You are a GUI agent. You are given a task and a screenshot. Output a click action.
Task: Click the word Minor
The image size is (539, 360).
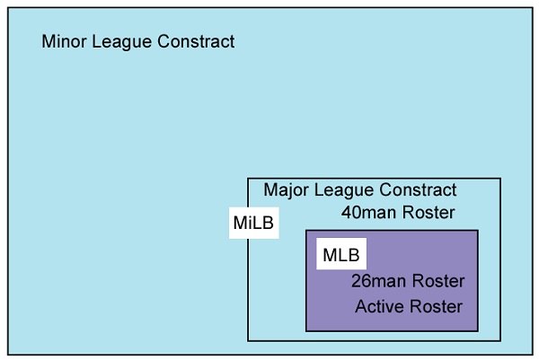(65, 41)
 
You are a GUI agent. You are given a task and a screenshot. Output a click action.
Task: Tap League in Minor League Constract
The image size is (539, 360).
(121, 42)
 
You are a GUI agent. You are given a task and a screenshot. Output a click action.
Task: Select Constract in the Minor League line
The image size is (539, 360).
(196, 41)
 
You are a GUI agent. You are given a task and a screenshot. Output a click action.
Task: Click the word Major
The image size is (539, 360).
(287, 190)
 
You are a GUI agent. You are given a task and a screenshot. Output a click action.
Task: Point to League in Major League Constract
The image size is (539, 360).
(344, 191)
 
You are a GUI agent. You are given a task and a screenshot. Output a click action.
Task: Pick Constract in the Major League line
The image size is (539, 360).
(418, 190)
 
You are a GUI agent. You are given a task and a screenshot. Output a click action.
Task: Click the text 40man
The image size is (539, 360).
(369, 212)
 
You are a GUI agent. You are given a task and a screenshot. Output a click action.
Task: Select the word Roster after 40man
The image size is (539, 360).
(429, 212)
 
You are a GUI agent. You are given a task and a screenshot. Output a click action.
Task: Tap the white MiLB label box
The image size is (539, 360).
(254, 223)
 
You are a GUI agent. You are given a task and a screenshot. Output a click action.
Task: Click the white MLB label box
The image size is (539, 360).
(341, 253)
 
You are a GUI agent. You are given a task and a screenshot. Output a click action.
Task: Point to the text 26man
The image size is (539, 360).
(378, 281)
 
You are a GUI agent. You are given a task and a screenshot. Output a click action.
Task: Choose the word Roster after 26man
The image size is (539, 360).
(438, 281)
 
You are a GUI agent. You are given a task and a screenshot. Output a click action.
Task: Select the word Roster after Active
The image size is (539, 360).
(437, 306)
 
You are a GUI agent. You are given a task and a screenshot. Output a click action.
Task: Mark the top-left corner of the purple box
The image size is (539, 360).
(306, 231)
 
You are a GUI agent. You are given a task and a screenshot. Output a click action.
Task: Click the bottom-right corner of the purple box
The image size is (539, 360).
(478, 331)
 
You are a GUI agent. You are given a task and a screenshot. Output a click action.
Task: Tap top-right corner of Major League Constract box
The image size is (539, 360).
(500, 179)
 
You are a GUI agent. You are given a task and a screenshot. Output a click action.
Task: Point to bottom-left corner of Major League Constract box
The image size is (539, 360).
(248, 341)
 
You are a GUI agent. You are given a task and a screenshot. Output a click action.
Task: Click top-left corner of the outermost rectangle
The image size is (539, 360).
(8, 8)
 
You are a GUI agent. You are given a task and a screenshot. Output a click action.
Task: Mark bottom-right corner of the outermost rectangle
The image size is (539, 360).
(533, 354)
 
